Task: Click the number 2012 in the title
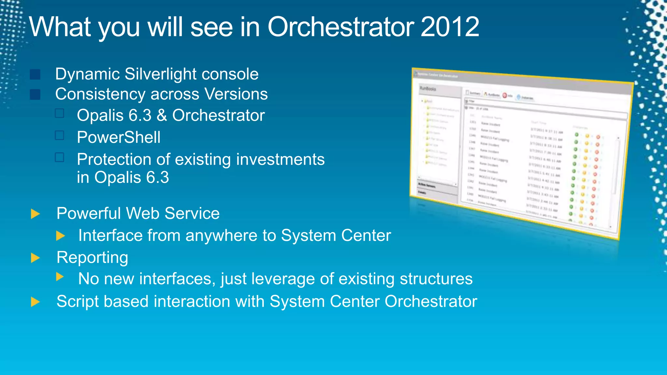tap(450, 27)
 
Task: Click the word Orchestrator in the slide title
tap(341, 27)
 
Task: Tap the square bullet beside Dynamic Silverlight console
tap(35, 74)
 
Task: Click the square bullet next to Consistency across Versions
tap(35, 94)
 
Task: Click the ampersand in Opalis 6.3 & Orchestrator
tap(162, 116)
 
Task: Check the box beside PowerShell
tap(60, 135)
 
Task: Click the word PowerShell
tap(119, 137)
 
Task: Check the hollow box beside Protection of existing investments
tap(60, 158)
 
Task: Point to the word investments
tap(280, 160)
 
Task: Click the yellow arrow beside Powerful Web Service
tap(35, 214)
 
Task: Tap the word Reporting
tap(92, 257)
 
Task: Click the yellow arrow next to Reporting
tap(35, 258)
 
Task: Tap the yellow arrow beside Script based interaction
tap(35, 302)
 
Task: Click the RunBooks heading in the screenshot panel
tap(428, 89)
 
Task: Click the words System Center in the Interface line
tap(336, 235)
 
